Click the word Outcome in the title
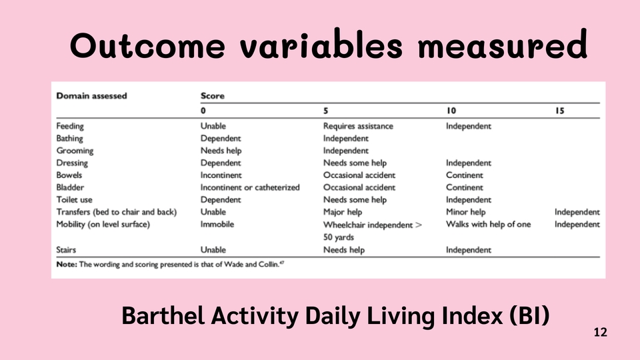click(x=147, y=45)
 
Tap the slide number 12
click(x=601, y=332)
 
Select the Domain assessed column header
click(x=91, y=96)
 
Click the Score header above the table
click(x=212, y=96)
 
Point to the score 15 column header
click(x=559, y=111)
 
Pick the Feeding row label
click(x=70, y=126)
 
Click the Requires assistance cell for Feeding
click(x=358, y=126)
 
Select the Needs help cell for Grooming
click(x=221, y=151)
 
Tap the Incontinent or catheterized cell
click(x=250, y=187)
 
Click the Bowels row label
click(x=69, y=175)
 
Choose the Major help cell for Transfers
click(x=343, y=212)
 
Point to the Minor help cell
click(x=466, y=212)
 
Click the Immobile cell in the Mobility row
click(x=217, y=224)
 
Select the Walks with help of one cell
click(x=488, y=224)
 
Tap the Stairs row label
click(x=66, y=250)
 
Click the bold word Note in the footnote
click(x=67, y=264)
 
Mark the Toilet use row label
click(x=74, y=199)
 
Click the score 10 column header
click(x=451, y=111)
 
